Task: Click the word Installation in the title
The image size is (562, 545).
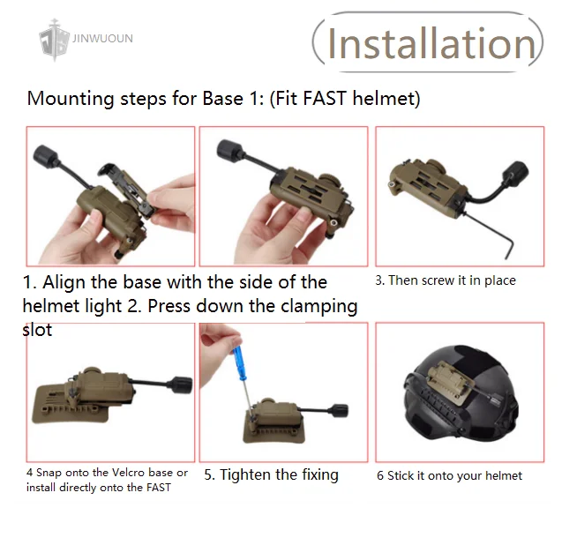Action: click(x=431, y=43)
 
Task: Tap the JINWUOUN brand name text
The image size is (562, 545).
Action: click(x=102, y=38)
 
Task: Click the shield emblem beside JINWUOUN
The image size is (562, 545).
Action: click(x=54, y=41)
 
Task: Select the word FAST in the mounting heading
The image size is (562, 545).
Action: click(x=325, y=98)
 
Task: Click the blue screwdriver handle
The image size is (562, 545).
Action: click(x=238, y=360)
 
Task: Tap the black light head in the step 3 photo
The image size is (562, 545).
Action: click(x=515, y=175)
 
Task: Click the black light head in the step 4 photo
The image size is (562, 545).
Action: click(x=182, y=384)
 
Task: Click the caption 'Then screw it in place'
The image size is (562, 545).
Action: click(x=452, y=280)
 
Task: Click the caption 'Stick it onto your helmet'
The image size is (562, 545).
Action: click(x=454, y=476)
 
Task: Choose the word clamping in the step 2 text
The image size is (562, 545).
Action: click(x=319, y=307)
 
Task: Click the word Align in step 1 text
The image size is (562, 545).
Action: click(x=64, y=283)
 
